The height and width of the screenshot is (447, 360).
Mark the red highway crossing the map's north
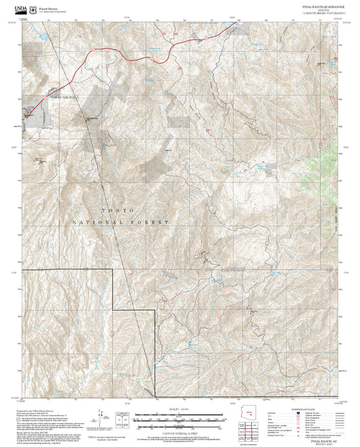click(x=135, y=59)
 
